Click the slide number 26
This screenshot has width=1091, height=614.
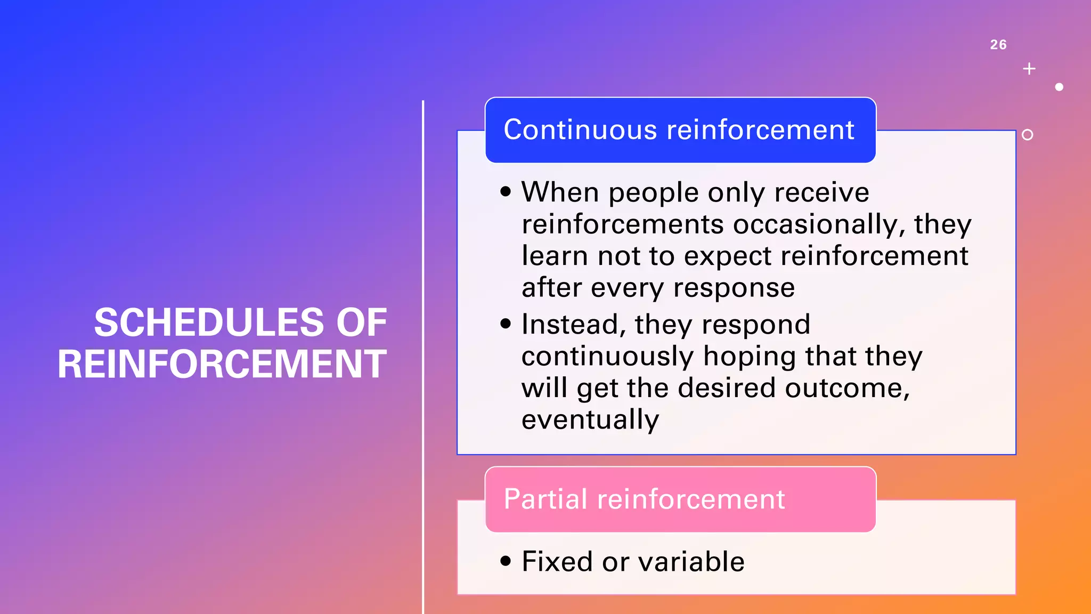coord(998,45)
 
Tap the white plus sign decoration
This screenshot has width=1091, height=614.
coord(1029,69)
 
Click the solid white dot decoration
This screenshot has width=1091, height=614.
coord(1059,87)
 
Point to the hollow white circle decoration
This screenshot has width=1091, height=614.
coord(1028,135)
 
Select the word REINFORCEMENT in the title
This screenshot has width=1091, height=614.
coord(222,364)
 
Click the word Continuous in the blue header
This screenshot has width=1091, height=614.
coord(580,130)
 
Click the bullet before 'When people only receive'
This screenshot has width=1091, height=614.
coord(506,191)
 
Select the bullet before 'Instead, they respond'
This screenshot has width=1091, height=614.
coord(506,324)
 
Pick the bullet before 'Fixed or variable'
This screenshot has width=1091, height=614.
coord(506,561)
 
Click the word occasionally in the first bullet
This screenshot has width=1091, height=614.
coord(819,224)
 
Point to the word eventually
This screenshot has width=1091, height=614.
coord(590,419)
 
